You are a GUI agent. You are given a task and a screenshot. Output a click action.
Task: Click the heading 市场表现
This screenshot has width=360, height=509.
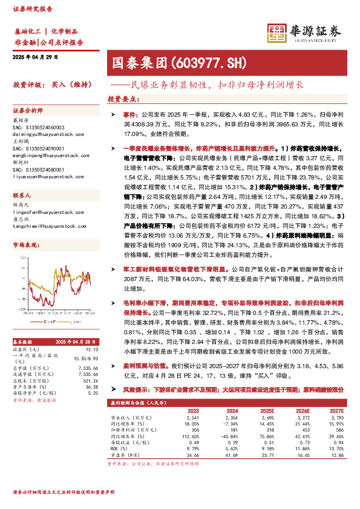point(25,244)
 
